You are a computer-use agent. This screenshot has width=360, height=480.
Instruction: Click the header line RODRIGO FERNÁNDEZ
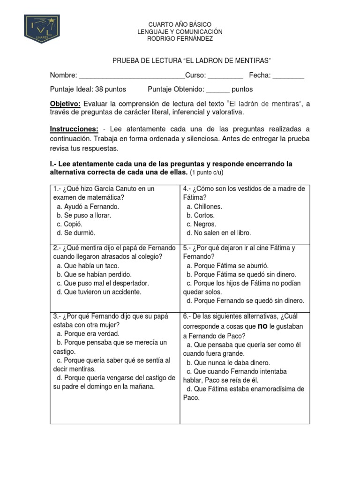tap(180, 39)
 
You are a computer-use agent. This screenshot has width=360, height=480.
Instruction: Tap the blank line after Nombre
tap(132, 76)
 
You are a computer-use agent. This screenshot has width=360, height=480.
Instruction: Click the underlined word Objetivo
tap(65, 104)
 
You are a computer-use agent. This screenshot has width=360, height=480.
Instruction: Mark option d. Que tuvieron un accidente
tap(98, 292)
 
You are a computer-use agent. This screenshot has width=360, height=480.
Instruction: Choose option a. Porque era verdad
tap(88, 334)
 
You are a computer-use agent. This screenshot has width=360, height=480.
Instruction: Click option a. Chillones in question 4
tap(204, 206)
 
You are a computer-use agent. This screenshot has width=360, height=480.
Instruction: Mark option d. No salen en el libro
tap(218, 233)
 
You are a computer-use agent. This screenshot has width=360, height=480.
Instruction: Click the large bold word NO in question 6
tap(263, 326)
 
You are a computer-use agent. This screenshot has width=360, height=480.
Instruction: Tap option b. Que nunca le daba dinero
tap(228, 362)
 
